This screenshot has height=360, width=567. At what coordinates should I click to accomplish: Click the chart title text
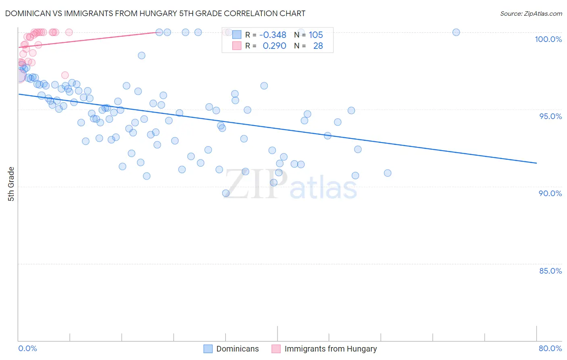pyautogui.click(x=155, y=13)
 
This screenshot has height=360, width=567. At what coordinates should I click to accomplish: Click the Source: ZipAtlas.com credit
pyautogui.click(x=531, y=13)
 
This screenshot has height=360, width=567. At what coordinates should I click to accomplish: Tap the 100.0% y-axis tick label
pyautogui.click(x=548, y=39)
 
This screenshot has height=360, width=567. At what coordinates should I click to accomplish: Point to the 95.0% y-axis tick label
pyautogui.click(x=550, y=116)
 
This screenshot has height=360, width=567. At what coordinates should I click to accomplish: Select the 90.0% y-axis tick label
pyautogui.click(x=550, y=193)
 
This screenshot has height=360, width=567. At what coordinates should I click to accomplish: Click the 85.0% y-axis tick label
pyautogui.click(x=550, y=271)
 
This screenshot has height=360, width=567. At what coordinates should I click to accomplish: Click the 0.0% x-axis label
pyautogui.click(x=27, y=348)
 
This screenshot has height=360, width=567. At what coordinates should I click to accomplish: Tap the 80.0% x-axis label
pyautogui.click(x=550, y=348)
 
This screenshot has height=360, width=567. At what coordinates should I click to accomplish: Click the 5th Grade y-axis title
pyautogui.click(x=11, y=184)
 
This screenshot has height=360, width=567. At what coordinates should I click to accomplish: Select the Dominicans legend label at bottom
pyautogui.click(x=238, y=349)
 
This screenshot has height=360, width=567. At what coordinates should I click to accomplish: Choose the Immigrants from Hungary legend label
pyautogui.click(x=331, y=349)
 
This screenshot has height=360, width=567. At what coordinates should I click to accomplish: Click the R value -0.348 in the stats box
pyautogui.click(x=273, y=35)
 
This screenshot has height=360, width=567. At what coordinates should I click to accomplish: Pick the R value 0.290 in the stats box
pyautogui.click(x=274, y=46)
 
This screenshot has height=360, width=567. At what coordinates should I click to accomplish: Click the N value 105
pyautogui.click(x=316, y=35)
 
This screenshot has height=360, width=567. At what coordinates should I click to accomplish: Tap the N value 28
pyautogui.click(x=318, y=46)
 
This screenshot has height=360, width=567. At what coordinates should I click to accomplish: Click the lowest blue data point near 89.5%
pyautogui.click(x=226, y=193)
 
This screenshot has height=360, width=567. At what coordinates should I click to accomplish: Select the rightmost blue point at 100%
pyautogui.click(x=456, y=32)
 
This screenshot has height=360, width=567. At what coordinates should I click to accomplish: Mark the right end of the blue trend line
pyautogui.click(x=536, y=163)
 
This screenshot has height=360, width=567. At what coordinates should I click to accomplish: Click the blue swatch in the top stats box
pyautogui.click(x=237, y=35)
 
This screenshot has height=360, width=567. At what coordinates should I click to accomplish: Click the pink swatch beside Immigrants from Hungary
pyautogui.click(x=276, y=349)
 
